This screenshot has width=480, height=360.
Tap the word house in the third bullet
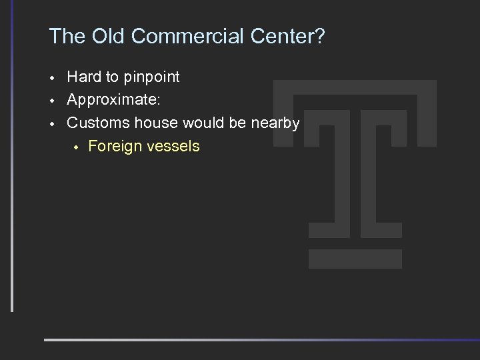[154, 123]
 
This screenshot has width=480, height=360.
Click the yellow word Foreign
[115, 146]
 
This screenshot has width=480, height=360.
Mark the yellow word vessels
[173, 146]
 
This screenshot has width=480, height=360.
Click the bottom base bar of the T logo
[355, 259]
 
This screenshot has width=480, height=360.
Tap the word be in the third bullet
[233, 123]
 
